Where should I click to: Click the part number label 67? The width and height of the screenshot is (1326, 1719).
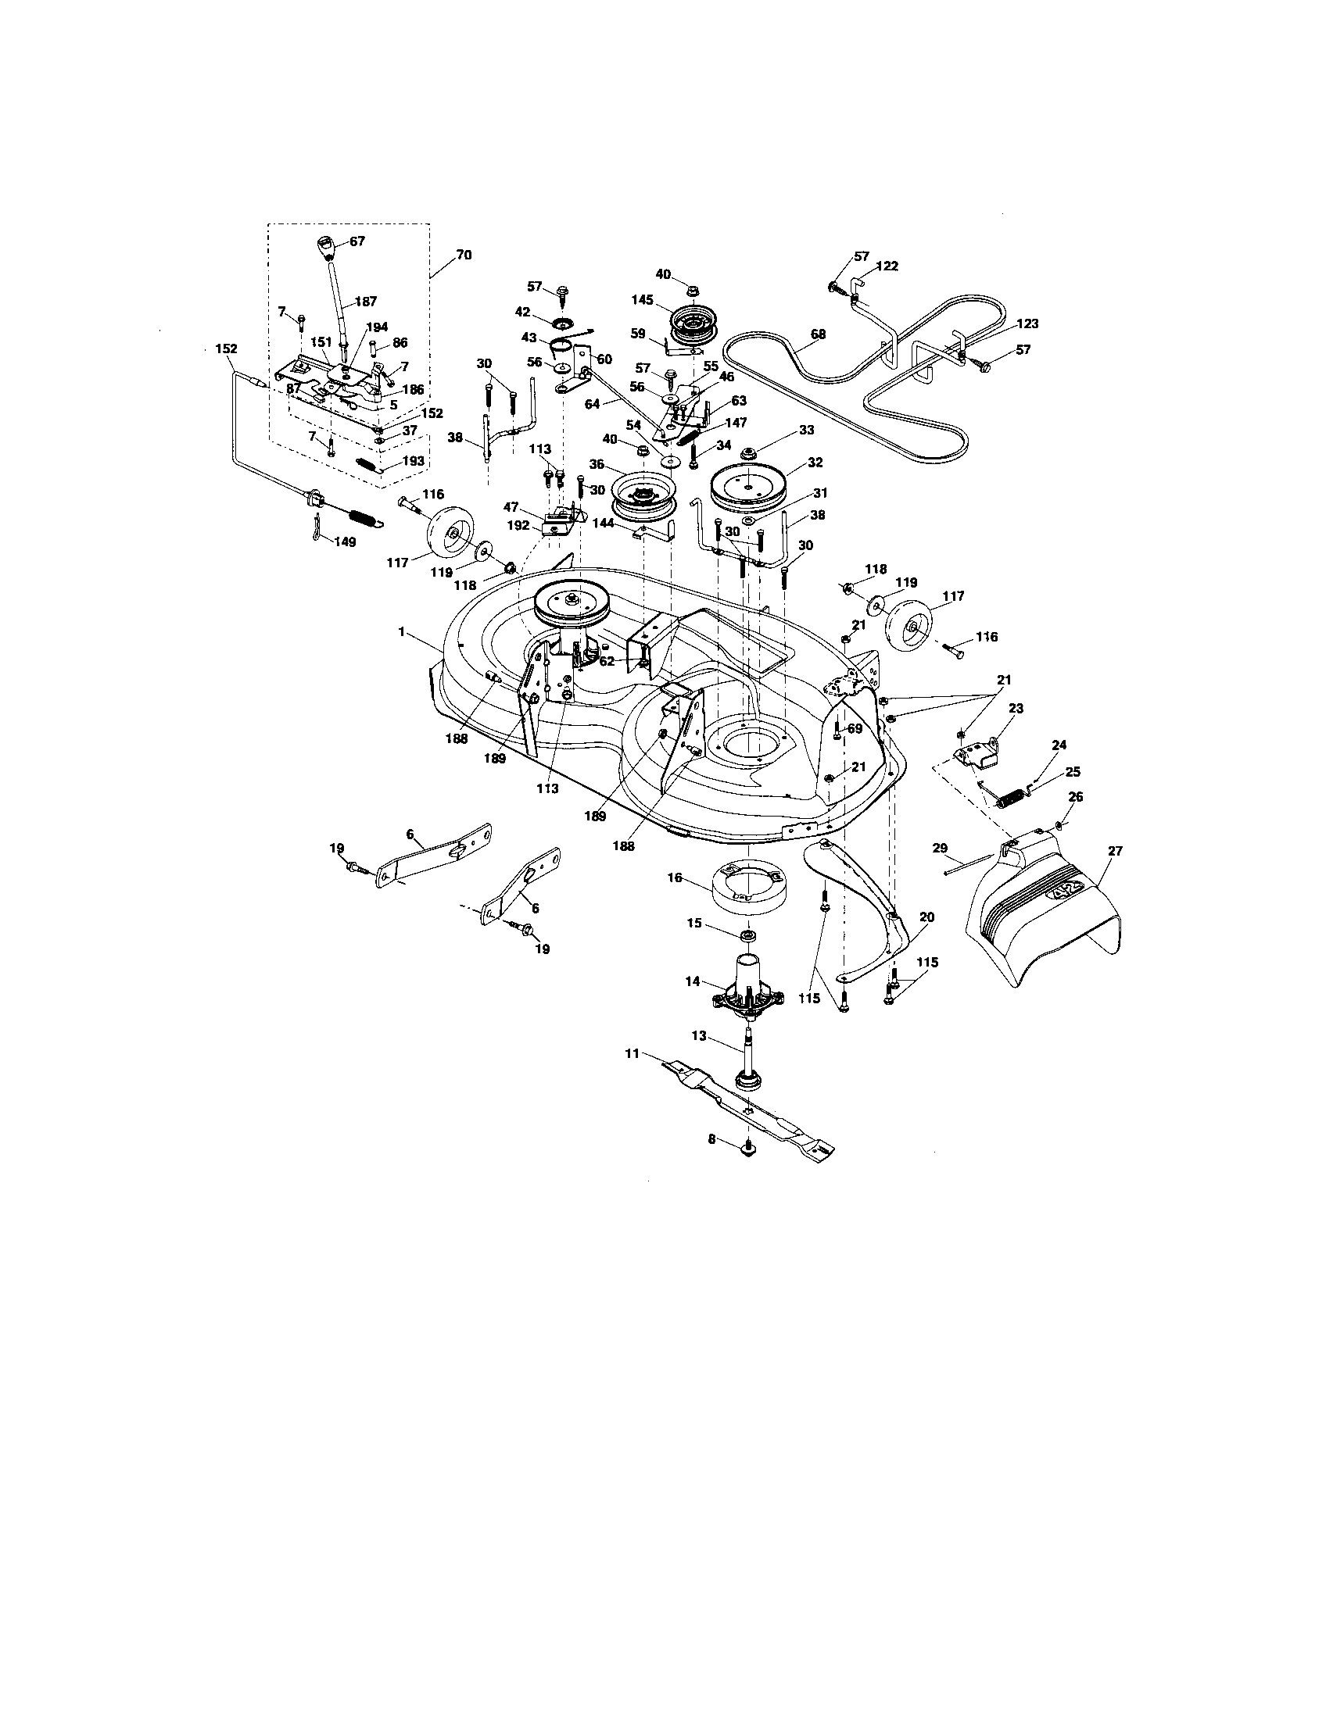pyautogui.click(x=357, y=241)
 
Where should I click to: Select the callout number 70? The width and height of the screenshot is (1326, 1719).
pyautogui.click(x=464, y=255)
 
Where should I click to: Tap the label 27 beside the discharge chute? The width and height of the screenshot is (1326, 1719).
pyautogui.click(x=1115, y=850)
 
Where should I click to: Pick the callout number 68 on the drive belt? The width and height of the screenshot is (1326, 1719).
pyautogui.click(x=818, y=334)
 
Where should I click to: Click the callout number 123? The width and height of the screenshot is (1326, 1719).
pyautogui.click(x=1027, y=323)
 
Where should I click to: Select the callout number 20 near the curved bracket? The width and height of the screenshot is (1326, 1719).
pyautogui.click(x=926, y=917)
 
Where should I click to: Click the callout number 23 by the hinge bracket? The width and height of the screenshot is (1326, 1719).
pyautogui.click(x=1016, y=708)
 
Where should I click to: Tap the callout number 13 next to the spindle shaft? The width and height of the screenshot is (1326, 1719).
pyautogui.click(x=699, y=1036)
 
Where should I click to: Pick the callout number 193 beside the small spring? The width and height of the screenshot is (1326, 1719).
pyautogui.click(x=413, y=460)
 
